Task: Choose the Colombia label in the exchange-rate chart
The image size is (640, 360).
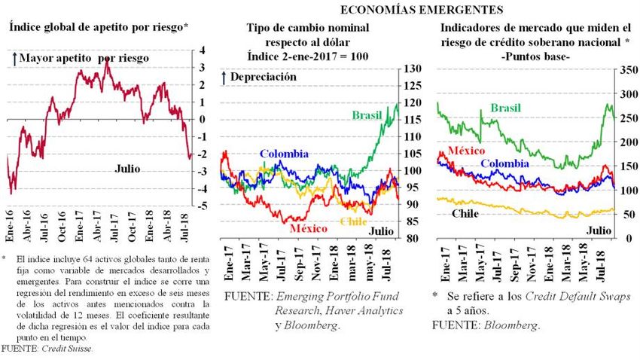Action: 284,154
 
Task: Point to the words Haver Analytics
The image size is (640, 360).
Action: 367,310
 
